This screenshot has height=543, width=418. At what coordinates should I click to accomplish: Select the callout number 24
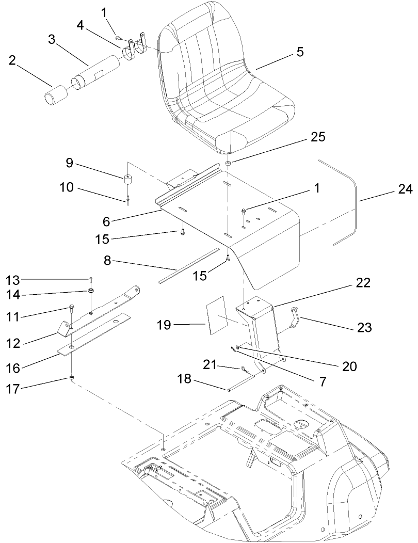pos(405,190)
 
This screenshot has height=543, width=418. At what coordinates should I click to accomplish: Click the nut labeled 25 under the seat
pos(227,164)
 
